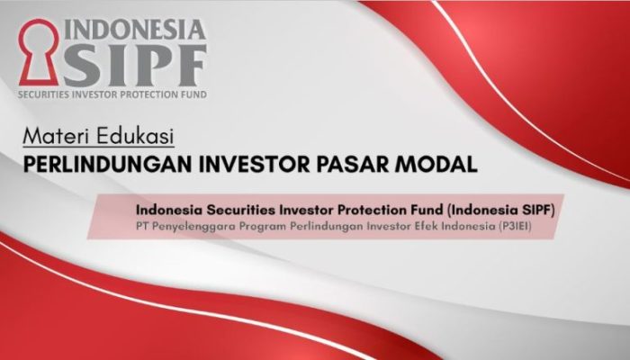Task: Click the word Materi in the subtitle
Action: click(53, 138)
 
